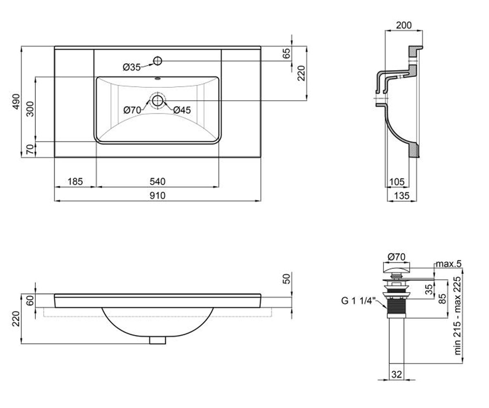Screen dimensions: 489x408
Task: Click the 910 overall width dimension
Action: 158,195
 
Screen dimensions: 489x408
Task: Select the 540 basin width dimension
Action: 158,182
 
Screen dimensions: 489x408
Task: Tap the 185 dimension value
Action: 75,182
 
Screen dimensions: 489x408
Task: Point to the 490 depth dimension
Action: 16,101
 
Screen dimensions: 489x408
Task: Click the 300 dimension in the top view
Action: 30,109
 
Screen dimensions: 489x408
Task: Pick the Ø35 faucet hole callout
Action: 132,68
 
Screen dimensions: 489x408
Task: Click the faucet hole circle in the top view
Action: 158,61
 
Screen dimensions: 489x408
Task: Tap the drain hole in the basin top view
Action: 158,101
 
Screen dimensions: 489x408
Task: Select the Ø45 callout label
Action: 182,110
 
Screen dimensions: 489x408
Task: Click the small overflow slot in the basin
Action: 158,79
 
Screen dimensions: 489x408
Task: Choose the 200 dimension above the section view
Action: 404,25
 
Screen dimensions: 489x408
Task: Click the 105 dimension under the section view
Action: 397,182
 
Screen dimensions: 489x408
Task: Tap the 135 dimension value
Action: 402,196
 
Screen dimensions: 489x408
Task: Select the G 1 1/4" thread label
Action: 358,301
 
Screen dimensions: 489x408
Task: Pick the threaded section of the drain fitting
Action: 396,307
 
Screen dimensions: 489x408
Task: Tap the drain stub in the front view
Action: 158,340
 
